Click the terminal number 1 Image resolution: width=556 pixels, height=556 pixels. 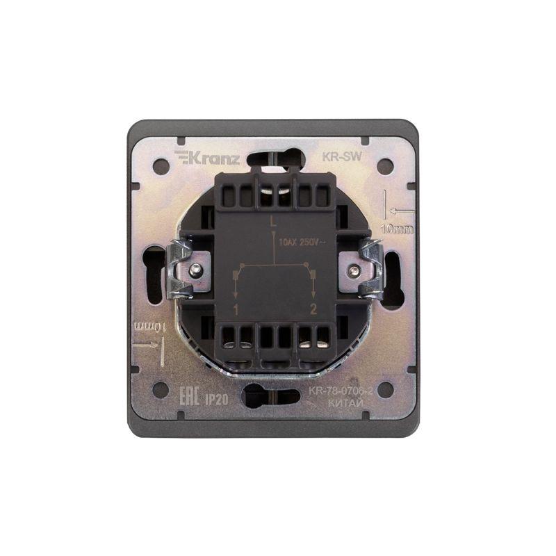point(237,309)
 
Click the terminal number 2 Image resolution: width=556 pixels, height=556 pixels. point(314,309)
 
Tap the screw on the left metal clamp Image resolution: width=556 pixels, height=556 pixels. point(197,269)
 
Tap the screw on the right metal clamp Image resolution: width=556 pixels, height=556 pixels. point(356,269)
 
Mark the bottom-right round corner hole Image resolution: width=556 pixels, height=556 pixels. point(392,389)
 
